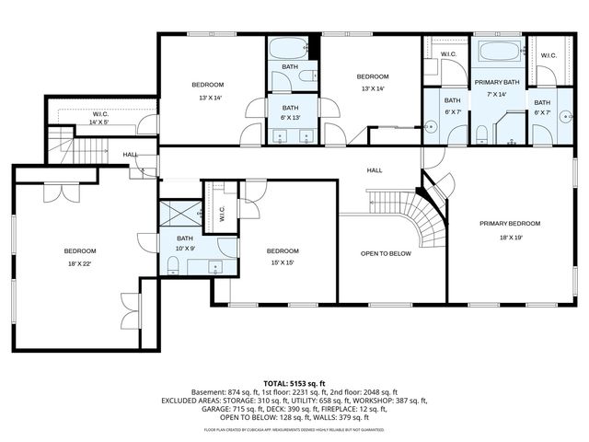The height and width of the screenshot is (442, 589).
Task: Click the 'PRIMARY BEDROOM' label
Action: pos(509,224)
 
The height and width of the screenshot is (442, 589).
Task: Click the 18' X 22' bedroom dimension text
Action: pos(79,264)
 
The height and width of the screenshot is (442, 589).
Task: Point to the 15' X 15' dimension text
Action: pos(283,264)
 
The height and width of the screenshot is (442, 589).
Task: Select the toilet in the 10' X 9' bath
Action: pos(173,266)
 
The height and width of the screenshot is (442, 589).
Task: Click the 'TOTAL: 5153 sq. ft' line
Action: pos(294,383)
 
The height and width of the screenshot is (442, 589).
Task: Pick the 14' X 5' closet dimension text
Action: pos(98,122)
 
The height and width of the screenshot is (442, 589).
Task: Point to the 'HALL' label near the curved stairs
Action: pos(375,170)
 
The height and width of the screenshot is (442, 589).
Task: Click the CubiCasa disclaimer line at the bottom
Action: pos(294,429)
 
